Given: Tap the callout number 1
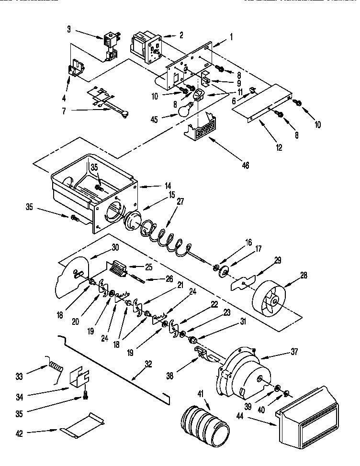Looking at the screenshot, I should [231, 36].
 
